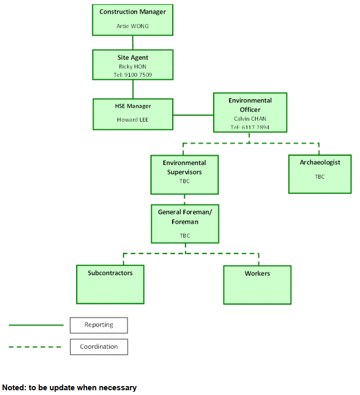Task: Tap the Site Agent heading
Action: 132,58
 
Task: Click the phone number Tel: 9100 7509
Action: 132,75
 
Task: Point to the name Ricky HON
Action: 132,67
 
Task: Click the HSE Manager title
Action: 132,106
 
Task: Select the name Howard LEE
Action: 132,120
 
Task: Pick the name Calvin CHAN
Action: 250,119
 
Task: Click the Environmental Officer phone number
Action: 250,127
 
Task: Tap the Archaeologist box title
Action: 320,162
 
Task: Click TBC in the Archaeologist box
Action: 320,176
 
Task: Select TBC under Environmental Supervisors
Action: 184,181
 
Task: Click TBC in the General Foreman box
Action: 185,236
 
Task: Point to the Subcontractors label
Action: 110,273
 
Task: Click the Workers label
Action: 257,274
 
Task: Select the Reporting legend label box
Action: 99,325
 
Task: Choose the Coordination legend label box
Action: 99,347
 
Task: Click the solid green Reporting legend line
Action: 36,325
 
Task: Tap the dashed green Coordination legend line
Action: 36,347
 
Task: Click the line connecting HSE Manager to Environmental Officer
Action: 193,114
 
